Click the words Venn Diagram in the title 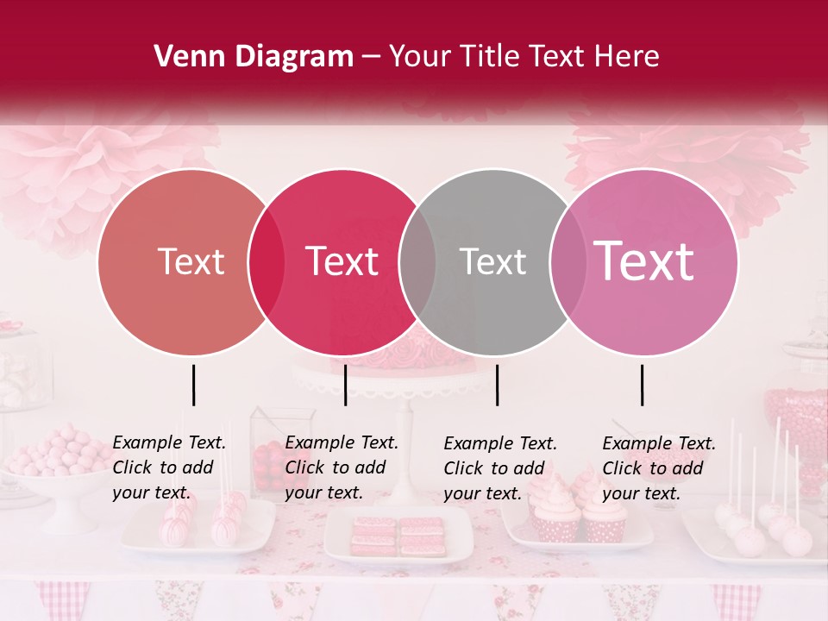254,57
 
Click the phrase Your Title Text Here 524,57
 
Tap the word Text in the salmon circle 191,262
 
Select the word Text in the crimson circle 342,262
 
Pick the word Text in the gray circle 492,262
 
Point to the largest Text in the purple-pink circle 644,261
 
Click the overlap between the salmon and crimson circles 267,262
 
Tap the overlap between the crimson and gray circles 417,262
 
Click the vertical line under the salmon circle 193,385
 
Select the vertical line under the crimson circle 345,385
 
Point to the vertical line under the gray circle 497,385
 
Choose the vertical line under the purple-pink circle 642,385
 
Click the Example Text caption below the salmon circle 169,467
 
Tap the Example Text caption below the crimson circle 342,467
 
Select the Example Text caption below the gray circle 500,468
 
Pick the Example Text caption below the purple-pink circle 659,468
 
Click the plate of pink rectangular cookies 398,536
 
